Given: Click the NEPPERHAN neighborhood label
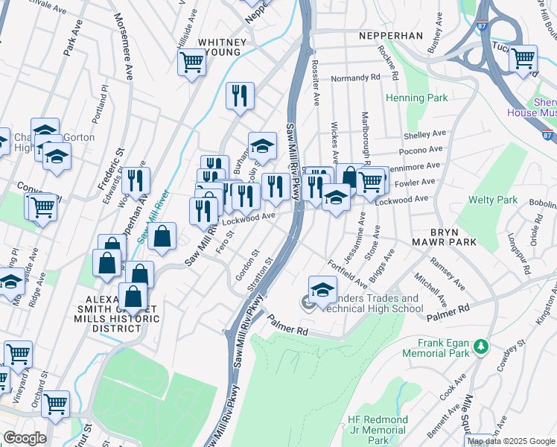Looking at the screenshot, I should pos(390,35).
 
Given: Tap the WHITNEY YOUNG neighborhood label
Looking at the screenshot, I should pos(219,47).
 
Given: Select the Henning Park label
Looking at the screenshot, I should pos(416,98).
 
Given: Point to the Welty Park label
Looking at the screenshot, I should pos(492,200).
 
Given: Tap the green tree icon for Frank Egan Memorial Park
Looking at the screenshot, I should pos(481,346).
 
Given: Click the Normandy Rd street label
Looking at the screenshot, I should pos(355,77).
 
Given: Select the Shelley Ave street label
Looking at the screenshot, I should pos(424,135).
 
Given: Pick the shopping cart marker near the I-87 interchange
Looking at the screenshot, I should pos(523,57).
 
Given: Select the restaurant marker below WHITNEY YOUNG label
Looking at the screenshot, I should pos(240,95).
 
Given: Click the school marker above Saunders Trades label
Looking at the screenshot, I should pos(322,289).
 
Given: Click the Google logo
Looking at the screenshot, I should pos(24,438).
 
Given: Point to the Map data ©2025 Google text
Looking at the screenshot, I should pos(511,441).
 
